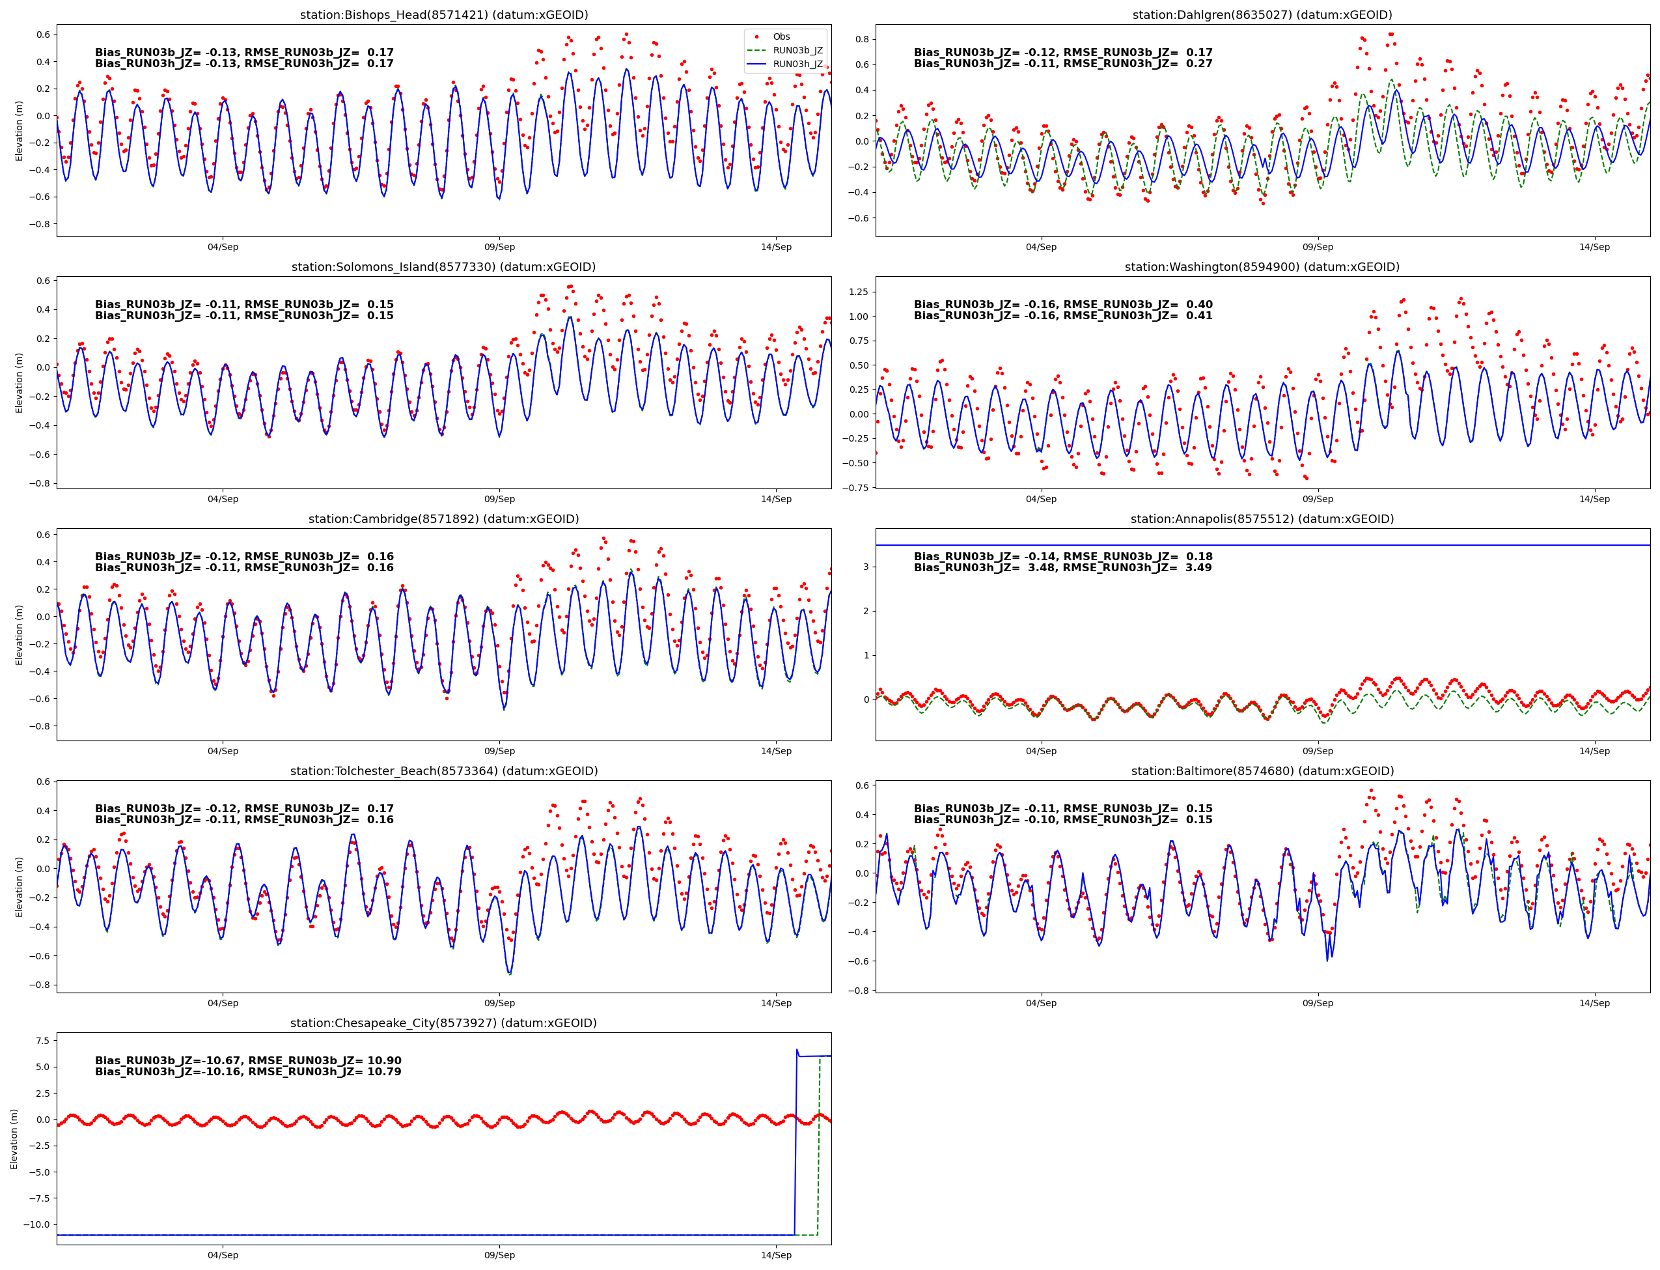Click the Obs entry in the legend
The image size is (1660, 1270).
[x=781, y=36]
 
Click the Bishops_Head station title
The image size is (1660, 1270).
[x=443, y=14]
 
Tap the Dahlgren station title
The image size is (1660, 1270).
[x=1262, y=14]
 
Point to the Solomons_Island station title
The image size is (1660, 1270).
[x=443, y=267]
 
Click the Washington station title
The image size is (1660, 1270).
[x=1262, y=267]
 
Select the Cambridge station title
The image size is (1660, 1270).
[x=443, y=518]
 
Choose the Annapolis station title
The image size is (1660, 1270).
[x=1262, y=518]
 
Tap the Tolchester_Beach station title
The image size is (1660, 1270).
[x=443, y=771]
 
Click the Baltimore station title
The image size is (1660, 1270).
[x=1262, y=771]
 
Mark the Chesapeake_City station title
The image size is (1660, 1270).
[x=443, y=1023]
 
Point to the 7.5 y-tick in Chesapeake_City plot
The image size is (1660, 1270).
[x=42, y=1041]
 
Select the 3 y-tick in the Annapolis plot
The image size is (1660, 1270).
[x=865, y=567]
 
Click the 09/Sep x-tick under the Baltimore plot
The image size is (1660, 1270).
[x=1317, y=1003]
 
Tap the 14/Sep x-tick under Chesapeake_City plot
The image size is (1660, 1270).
[x=776, y=1255]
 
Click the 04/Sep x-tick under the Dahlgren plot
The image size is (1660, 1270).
[x=1040, y=247]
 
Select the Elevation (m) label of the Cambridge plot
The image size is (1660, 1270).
[x=19, y=635]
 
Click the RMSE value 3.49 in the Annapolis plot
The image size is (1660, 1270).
[x=1195, y=568]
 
